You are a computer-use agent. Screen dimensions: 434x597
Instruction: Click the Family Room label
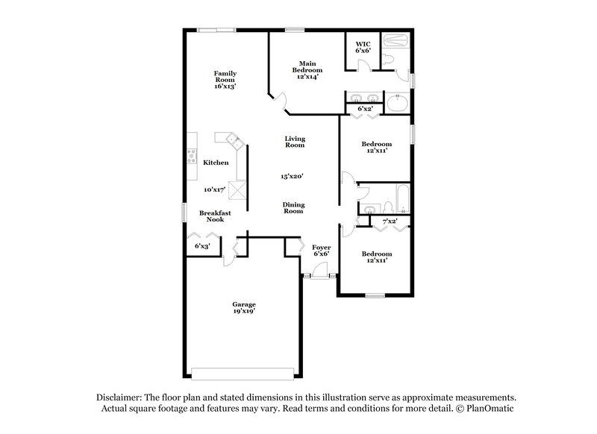click(x=225, y=80)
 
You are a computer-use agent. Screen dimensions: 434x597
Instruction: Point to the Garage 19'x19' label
click(x=243, y=309)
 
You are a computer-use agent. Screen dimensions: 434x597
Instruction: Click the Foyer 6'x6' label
click(x=321, y=250)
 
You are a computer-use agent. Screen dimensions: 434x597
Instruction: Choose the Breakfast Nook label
click(x=215, y=216)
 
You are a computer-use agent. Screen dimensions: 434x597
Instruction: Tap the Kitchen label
click(x=216, y=162)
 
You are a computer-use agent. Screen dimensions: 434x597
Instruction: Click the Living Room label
click(x=295, y=142)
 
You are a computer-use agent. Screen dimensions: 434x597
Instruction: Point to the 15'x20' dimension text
click(x=293, y=176)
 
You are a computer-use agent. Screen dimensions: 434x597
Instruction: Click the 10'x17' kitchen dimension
click(x=215, y=189)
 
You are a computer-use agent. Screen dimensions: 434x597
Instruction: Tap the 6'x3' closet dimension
click(x=202, y=245)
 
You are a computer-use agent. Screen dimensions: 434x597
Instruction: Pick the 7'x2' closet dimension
click(x=390, y=221)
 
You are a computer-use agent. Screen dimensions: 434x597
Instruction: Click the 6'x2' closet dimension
click(x=365, y=109)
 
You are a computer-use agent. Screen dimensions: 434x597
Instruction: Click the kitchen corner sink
click(x=229, y=139)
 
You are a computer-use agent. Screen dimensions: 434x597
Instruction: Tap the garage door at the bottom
click(x=243, y=374)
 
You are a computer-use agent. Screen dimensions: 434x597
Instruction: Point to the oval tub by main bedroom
click(x=397, y=101)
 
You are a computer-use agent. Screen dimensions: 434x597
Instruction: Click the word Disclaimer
click(x=118, y=397)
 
